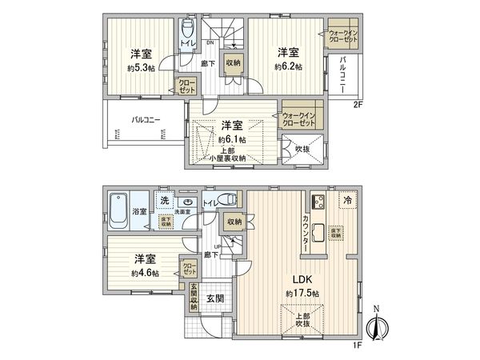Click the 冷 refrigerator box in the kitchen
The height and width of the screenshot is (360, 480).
pos(348,200)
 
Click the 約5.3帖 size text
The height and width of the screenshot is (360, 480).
pos(142,67)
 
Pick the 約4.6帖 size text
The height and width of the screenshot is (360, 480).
pos(145,273)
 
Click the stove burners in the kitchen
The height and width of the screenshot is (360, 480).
pos(315,202)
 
